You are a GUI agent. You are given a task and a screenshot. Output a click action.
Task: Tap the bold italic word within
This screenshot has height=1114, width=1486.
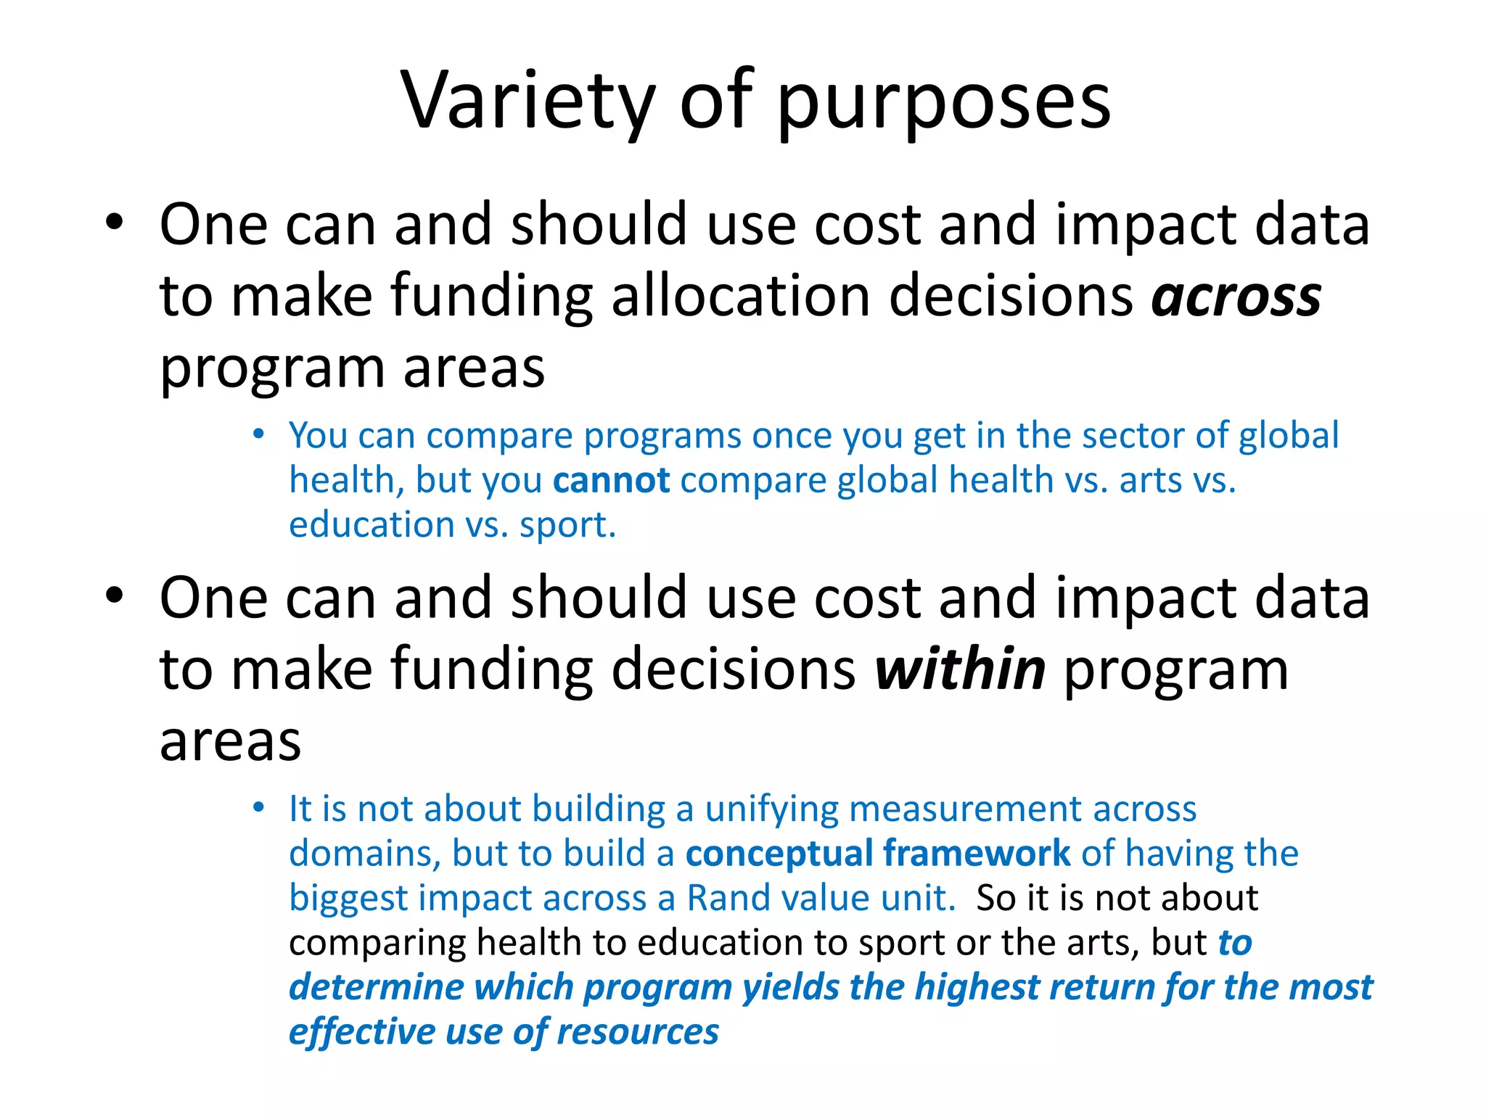coord(959,669)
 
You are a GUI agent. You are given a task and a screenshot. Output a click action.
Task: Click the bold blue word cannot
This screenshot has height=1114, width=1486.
coord(611,480)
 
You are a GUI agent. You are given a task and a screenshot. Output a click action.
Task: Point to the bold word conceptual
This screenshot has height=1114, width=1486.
coord(779,854)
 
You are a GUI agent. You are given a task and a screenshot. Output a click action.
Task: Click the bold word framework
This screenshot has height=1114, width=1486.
coord(977,854)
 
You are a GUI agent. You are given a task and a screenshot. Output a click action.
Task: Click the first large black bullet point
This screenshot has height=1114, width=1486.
coord(114,222)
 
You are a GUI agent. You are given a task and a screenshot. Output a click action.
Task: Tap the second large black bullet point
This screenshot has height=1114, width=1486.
coord(114,595)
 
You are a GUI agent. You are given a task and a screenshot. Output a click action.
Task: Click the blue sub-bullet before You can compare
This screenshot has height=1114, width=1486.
coord(259,434)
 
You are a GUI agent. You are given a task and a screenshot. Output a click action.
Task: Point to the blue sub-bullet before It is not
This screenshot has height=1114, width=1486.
coord(259,807)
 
